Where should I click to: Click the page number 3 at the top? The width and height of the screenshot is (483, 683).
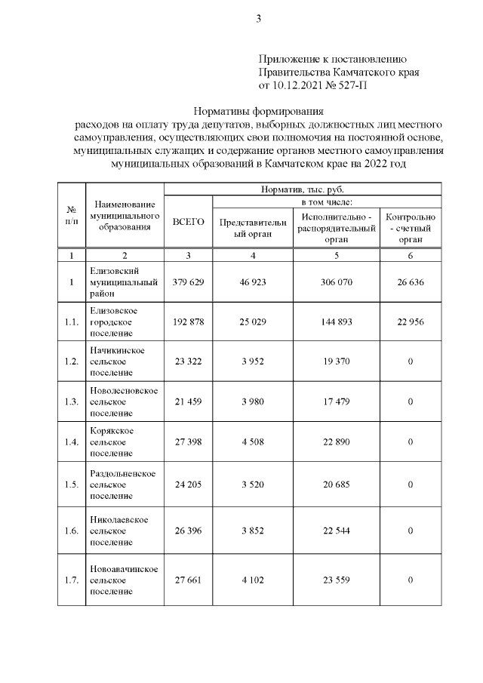pos(258,20)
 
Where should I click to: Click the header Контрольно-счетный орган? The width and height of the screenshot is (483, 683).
pos(411,227)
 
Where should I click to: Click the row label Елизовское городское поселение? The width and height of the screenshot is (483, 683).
pos(113,322)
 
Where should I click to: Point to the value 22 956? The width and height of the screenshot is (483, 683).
pos(411,322)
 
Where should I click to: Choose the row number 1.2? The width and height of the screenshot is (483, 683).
pos(72,361)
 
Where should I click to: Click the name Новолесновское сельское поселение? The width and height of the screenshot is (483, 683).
pos(123,401)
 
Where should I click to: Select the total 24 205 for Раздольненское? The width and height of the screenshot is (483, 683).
pos(189,484)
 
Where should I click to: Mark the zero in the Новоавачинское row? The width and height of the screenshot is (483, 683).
pos(411,580)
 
